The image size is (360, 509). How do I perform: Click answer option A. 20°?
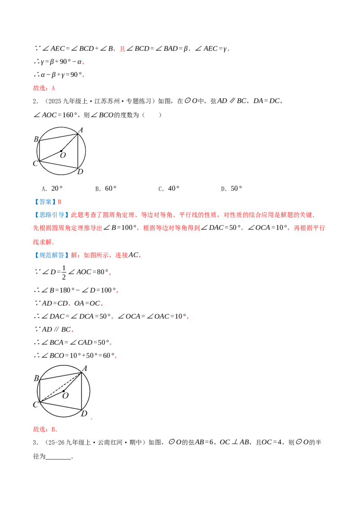click(x=52, y=188)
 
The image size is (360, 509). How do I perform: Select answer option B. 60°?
click(x=106, y=188)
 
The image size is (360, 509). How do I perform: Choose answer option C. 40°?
click(x=169, y=188)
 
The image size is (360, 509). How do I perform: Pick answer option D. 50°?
click(x=231, y=188)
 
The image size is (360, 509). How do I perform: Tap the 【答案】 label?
click(x=45, y=202)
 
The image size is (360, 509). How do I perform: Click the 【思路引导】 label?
click(x=51, y=215)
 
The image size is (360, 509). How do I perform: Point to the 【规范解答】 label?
click(x=51, y=255)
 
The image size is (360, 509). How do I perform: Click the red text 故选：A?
click(x=44, y=88)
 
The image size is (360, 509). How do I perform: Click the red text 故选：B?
click(x=45, y=429)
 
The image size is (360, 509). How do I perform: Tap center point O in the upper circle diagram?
click(x=61, y=151)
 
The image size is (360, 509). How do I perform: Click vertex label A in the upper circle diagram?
click(x=81, y=130)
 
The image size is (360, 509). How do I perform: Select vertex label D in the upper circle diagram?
click(x=80, y=172)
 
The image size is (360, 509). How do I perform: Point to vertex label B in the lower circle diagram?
click(x=36, y=378)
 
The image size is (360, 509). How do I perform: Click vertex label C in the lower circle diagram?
click(x=36, y=405)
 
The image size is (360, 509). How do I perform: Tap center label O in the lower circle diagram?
click(x=66, y=396)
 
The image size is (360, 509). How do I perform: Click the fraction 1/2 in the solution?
click(x=64, y=272)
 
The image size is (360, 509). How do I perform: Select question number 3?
click(x=35, y=442)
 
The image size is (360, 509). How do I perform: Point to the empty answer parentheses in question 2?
click(x=151, y=115)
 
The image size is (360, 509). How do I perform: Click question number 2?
click(x=35, y=101)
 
